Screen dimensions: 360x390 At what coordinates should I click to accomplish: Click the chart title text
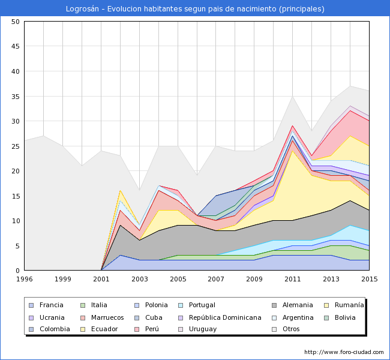tap(195, 9)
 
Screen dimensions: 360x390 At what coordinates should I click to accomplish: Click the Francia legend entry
tap(52, 305)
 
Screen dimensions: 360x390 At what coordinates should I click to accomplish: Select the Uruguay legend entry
tap(202, 329)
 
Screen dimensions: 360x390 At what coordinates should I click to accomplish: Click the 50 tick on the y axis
tap(16, 22)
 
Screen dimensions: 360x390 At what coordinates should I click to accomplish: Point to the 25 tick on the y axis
tap(16, 146)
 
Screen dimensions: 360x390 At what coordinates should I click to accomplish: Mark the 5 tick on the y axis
tap(17, 246)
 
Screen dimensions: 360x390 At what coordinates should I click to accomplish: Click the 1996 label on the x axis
tap(25, 279)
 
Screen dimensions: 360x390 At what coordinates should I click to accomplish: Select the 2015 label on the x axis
tap(369, 279)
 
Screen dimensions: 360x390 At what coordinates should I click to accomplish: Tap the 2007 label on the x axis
tap(216, 279)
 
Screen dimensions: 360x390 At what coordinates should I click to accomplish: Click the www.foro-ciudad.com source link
tap(344, 352)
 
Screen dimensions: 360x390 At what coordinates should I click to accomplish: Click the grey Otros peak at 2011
tap(292, 97)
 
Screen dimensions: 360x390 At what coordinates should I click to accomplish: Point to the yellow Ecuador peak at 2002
tap(121, 191)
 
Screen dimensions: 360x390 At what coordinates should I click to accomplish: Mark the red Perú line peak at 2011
tap(292, 126)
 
